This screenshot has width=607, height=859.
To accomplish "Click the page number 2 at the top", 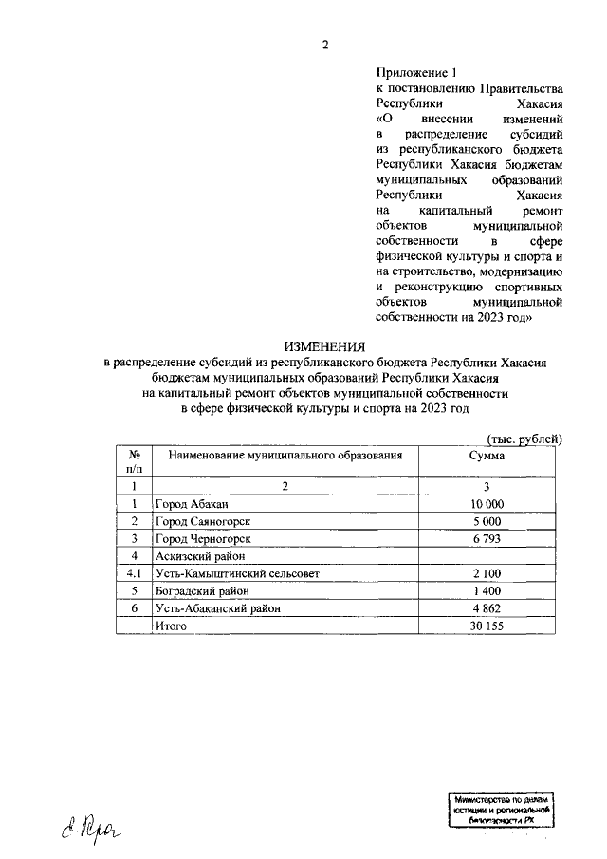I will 325,44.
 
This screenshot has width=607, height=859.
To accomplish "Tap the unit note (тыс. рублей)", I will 524,438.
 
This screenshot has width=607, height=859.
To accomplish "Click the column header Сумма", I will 487,456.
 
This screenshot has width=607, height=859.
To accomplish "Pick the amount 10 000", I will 487,504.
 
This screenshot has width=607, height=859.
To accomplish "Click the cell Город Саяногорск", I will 202,521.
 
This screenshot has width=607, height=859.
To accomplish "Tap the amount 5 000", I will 487,521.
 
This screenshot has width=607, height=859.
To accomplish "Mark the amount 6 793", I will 487,538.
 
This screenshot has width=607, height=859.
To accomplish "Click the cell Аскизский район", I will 200,555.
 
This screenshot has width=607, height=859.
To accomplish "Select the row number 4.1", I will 135,572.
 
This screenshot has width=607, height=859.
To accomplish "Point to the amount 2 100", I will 487,572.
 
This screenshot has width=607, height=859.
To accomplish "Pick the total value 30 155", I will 487,625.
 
